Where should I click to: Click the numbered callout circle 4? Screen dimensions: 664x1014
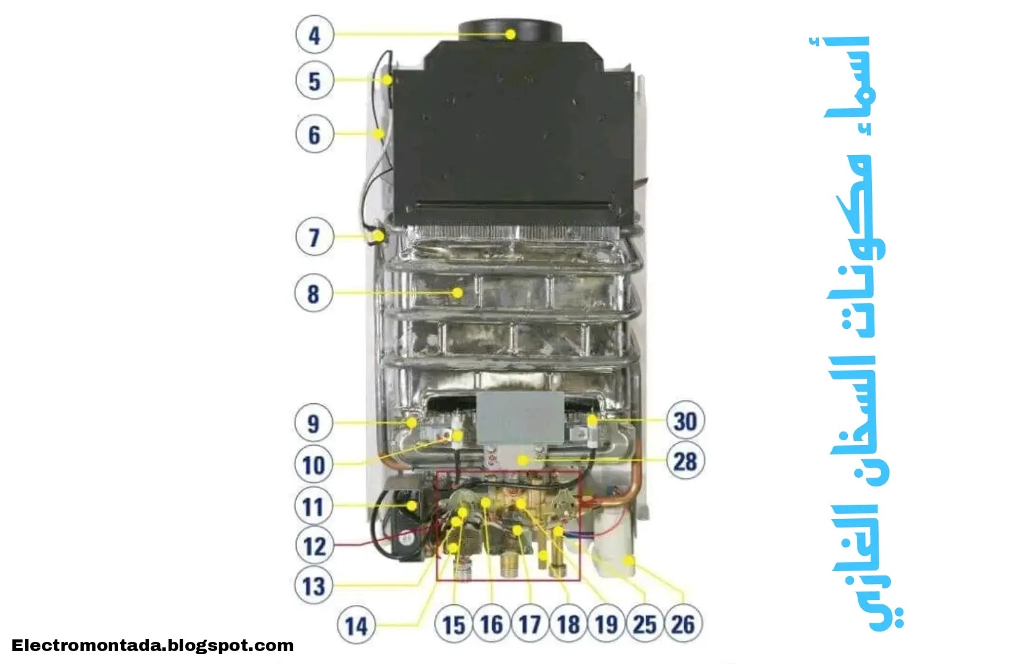[x=314, y=35]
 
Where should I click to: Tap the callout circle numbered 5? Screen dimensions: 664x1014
[x=314, y=81]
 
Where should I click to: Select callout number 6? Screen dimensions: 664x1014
[x=314, y=135]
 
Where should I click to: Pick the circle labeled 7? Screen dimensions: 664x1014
[x=314, y=237]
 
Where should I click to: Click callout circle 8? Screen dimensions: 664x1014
[x=314, y=293]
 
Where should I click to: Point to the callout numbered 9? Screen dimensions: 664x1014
[x=314, y=423]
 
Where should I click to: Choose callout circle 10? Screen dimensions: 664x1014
[x=314, y=464]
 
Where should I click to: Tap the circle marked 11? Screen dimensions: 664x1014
[x=314, y=507]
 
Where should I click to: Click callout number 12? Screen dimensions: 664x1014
[x=314, y=545]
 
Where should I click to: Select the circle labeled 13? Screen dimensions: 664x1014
[x=314, y=585]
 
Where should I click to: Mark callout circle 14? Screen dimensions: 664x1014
[x=356, y=626]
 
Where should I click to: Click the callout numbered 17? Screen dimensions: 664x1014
[x=530, y=625]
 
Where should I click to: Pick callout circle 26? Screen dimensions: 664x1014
[x=683, y=625]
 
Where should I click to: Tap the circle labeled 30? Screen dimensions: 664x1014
[x=685, y=422]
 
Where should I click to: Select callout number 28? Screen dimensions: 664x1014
[x=685, y=461]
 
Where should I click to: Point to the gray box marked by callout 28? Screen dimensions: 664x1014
[x=521, y=418]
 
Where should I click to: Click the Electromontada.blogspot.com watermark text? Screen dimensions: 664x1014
[x=153, y=646]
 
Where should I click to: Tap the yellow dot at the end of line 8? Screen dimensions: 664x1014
[x=457, y=293]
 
